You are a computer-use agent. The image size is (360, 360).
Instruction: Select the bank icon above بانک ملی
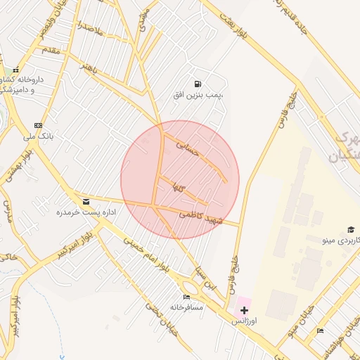pos(48,125)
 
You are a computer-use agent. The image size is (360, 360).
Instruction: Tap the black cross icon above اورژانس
pos(245,310)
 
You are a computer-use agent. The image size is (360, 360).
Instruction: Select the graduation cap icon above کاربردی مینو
pos(350,230)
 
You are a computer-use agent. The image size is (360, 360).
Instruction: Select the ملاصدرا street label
pos(91,30)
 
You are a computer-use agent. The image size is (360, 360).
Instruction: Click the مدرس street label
pos(8,211)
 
